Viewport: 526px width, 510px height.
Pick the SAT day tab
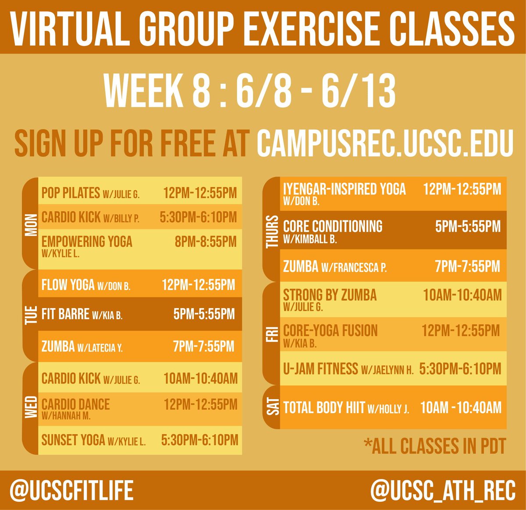click(x=272, y=407)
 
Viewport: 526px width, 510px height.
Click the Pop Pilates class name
click(x=71, y=193)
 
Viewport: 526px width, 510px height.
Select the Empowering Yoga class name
click(x=87, y=241)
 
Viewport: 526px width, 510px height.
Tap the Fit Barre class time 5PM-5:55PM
click(x=204, y=314)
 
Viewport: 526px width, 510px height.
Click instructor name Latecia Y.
click(x=100, y=348)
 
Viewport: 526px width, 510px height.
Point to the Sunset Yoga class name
click(x=73, y=440)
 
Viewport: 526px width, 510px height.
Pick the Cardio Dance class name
click(x=76, y=404)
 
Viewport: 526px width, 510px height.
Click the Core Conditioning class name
click(x=333, y=227)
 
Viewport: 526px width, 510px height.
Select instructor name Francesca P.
click(x=354, y=267)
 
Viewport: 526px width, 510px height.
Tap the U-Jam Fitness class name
click(x=320, y=369)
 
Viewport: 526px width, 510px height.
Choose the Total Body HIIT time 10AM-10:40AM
click(x=461, y=408)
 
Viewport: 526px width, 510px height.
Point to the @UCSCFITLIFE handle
click(x=72, y=490)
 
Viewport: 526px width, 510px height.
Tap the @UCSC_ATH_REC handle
click(x=443, y=490)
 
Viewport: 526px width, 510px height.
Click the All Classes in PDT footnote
click(x=435, y=446)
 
